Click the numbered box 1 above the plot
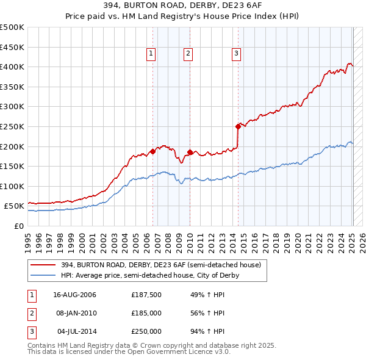click(151, 54)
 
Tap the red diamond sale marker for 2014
click(237, 126)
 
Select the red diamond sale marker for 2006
click(152, 151)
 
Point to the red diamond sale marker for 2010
click(190, 152)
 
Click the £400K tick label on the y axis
click(12, 67)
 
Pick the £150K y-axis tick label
click(12, 166)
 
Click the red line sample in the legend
click(43, 265)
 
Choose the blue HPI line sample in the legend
click(43, 275)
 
